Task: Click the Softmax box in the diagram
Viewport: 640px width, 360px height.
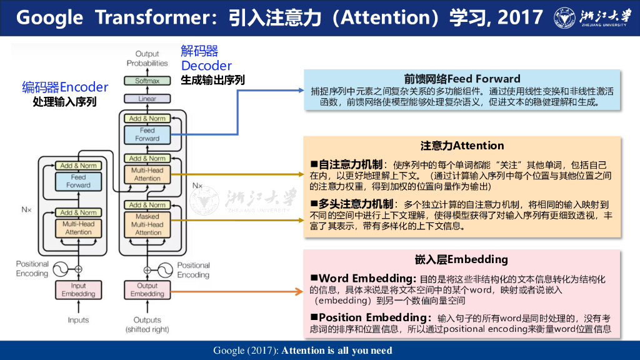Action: (147, 81)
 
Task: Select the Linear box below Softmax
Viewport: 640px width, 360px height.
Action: (147, 99)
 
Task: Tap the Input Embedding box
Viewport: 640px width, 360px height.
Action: (78, 290)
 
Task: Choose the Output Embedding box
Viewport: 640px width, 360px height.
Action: (147, 290)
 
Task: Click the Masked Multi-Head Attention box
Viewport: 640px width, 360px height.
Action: (147, 224)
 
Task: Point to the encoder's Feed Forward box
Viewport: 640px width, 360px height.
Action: (78, 181)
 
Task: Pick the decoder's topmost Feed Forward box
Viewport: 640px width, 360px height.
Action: (147, 134)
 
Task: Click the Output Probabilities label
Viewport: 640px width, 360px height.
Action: (147, 58)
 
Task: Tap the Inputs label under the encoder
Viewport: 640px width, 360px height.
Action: (78, 320)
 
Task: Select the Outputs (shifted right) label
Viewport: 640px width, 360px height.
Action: (147, 324)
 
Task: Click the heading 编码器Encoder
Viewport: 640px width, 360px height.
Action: (65, 87)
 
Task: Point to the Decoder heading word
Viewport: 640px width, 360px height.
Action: (206, 66)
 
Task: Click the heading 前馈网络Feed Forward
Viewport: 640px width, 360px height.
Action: (462, 79)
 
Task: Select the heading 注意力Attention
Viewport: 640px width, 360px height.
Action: (462, 146)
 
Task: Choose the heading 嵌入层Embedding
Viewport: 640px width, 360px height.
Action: (462, 259)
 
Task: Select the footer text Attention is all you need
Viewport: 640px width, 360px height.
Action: (337, 350)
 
